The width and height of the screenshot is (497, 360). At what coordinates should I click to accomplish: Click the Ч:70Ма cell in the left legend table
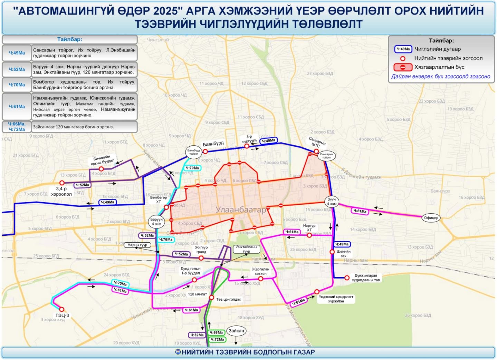(17, 85)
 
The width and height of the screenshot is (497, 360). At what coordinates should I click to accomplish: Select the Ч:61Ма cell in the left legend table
(17, 106)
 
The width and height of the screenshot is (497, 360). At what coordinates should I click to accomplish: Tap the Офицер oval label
(431, 218)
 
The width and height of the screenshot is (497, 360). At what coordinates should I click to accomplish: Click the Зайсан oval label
(236, 331)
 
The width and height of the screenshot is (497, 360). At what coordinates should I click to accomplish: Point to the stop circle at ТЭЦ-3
(62, 309)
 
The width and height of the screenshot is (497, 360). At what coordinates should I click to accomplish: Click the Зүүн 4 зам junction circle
(332, 202)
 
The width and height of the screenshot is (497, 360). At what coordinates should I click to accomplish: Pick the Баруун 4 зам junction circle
(156, 221)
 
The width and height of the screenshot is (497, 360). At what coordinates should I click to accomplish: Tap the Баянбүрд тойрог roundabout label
(193, 152)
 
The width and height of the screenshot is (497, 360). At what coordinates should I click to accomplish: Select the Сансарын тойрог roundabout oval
(326, 156)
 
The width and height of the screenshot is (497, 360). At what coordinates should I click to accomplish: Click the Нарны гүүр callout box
(137, 245)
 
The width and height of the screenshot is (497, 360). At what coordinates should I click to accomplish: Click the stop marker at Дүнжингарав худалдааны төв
(347, 278)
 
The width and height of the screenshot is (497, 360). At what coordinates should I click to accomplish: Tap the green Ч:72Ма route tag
(217, 339)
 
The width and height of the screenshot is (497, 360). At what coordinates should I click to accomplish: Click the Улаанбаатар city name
(241, 210)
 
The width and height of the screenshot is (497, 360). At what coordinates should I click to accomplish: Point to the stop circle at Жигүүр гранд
(201, 258)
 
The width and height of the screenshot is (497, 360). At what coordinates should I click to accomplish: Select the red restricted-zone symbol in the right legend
(403, 67)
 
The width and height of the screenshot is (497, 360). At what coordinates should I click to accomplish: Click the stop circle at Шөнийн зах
(332, 252)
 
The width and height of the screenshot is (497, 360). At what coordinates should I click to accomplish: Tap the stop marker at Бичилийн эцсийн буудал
(101, 169)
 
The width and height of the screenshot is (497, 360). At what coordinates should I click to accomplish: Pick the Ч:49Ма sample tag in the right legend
(403, 49)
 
